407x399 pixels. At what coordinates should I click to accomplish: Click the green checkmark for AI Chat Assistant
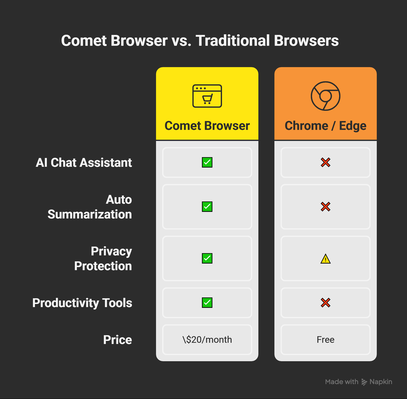[207, 162]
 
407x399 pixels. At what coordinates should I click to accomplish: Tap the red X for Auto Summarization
[325, 207]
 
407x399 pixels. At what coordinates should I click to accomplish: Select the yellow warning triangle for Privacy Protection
[325, 259]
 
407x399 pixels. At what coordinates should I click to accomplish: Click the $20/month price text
[207, 340]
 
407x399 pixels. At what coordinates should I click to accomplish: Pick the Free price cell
[325, 340]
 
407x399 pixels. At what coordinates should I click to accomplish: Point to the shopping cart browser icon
[207, 96]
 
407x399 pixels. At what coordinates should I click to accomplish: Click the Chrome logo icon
[325, 96]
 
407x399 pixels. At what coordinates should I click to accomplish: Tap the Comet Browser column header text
[207, 126]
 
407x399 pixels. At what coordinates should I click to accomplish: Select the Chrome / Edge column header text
[325, 126]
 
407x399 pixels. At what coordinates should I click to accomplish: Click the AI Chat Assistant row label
[84, 162]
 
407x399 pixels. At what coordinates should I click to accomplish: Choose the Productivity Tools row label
[82, 303]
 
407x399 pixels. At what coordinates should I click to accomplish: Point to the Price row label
[117, 340]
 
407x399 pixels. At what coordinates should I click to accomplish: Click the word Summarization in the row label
[90, 214]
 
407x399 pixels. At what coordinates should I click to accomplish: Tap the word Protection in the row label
[103, 266]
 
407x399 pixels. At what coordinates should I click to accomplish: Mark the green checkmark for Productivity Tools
[207, 303]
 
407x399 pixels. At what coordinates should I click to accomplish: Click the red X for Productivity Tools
[325, 303]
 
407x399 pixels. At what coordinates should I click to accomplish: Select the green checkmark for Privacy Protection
[207, 258]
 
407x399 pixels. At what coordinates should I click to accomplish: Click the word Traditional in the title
[232, 41]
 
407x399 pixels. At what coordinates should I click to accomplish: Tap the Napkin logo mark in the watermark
[364, 382]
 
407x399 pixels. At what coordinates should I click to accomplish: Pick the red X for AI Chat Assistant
[325, 162]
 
